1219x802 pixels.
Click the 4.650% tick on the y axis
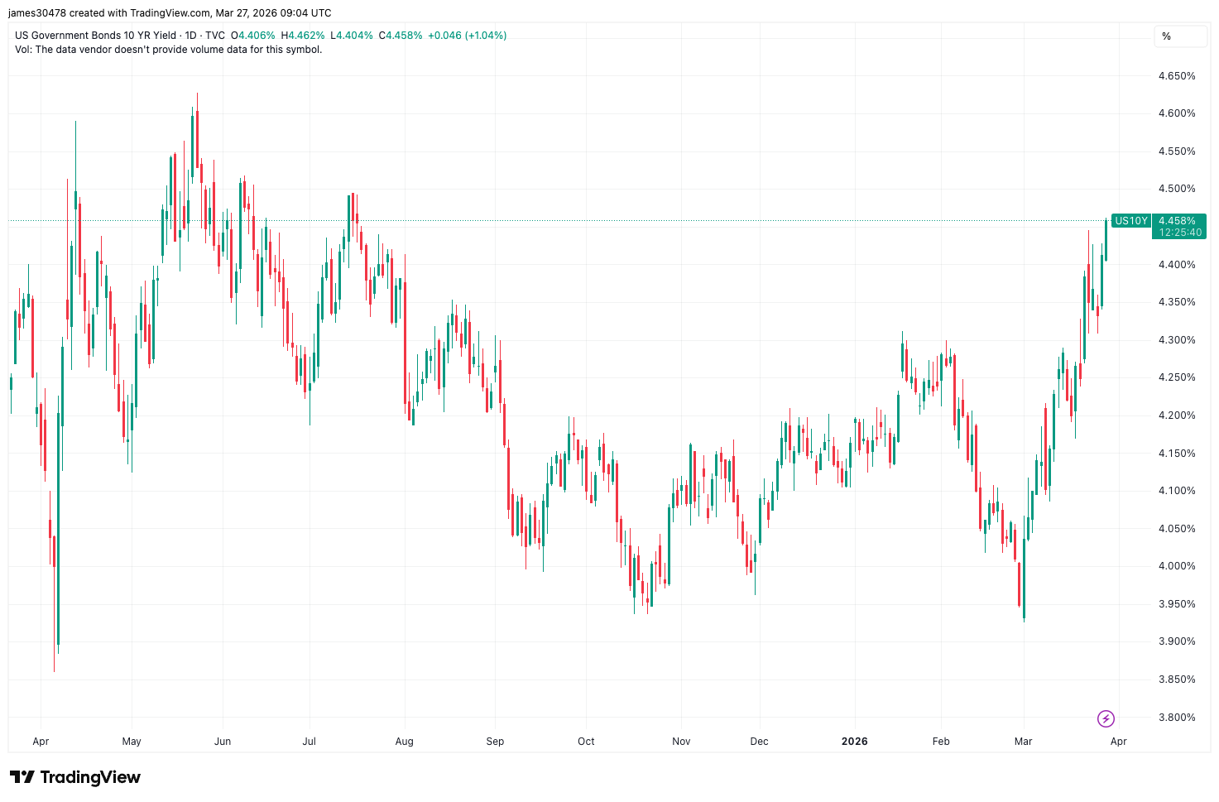(1176, 76)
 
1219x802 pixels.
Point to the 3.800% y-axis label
(1176, 718)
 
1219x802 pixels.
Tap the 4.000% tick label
(1176, 566)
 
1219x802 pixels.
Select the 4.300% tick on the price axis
(1176, 340)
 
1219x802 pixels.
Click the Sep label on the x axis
(495, 742)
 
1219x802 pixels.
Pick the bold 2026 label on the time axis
(854, 742)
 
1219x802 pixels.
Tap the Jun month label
(223, 742)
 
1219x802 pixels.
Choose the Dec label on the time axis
(759, 742)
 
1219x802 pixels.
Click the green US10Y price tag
(1130, 221)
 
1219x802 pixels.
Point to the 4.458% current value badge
(1177, 221)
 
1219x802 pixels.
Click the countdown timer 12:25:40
(1179, 233)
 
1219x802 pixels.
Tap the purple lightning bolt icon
(1106, 718)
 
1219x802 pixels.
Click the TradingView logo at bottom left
(75, 777)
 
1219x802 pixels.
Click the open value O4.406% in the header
(252, 36)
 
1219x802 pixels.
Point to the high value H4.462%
(303, 36)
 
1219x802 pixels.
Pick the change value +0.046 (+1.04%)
(467, 36)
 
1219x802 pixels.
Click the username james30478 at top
(36, 13)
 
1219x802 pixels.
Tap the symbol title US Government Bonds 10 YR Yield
(95, 36)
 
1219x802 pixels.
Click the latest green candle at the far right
(1106, 240)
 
